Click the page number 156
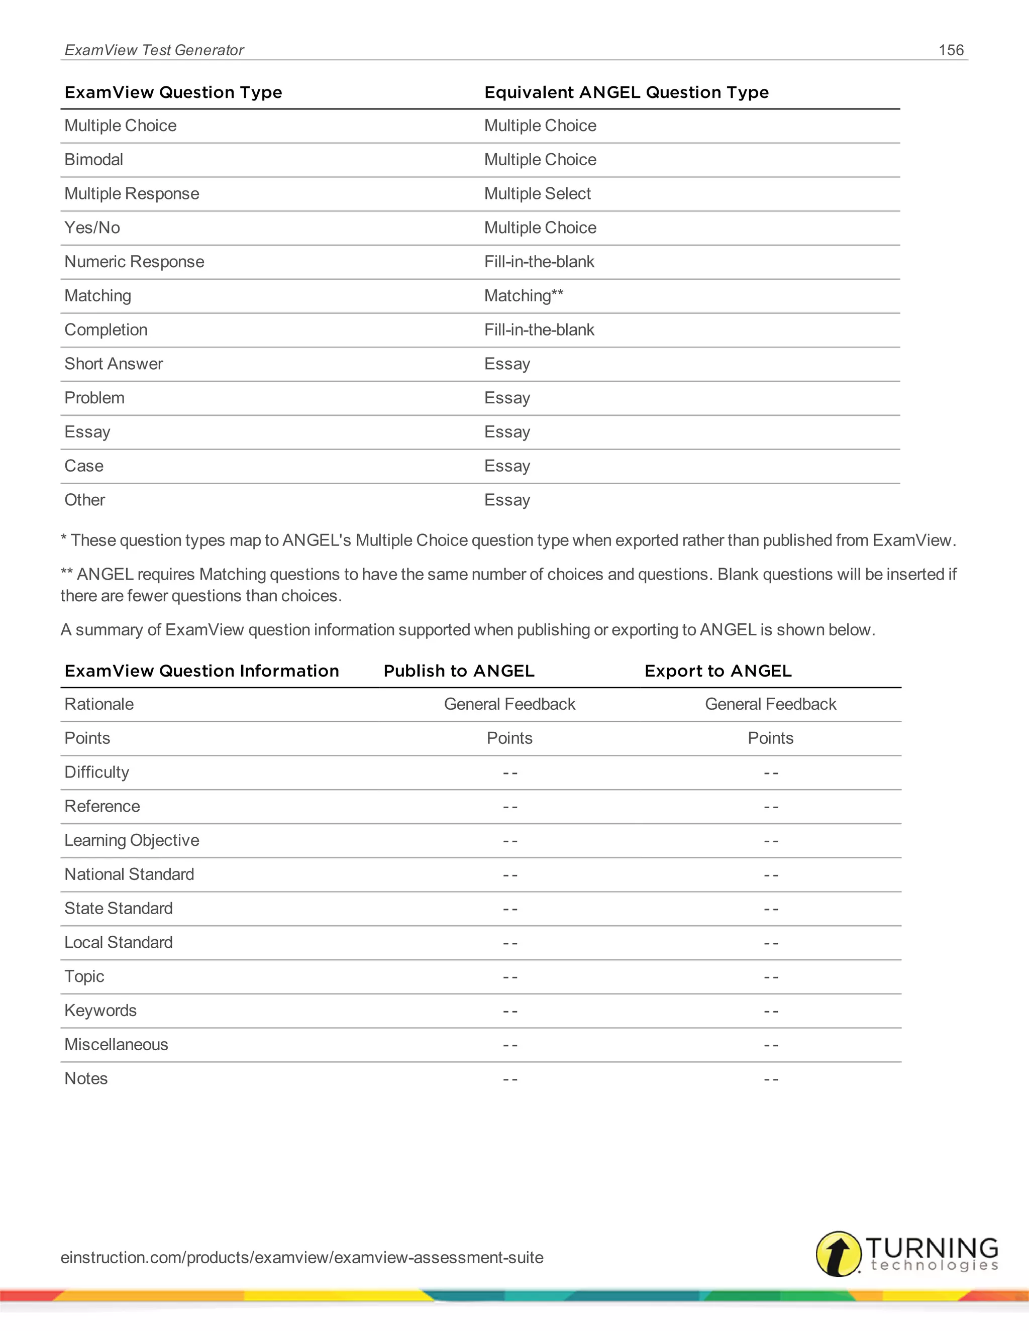[x=950, y=50]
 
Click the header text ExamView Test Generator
[x=154, y=50]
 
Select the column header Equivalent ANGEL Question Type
[x=626, y=92]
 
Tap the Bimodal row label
[x=94, y=160]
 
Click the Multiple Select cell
[x=537, y=194]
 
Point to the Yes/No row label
[x=92, y=228]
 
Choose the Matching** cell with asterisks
[x=524, y=296]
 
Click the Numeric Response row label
[x=134, y=262]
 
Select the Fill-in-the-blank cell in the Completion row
[x=539, y=329]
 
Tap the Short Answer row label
[x=114, y=364]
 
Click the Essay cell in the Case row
[x=506, y=466]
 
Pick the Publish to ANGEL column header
[x=458, y=671]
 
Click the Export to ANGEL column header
[x=717, y=671]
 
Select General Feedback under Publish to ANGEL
[x=509, y=705]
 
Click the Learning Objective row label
[x=132, y=840]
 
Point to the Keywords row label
[x=100, y=1011]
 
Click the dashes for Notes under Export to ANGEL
[x=771, y=1079]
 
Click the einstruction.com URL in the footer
[x=302, y=1257]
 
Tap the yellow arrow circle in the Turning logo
[x=838, y=1254]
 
